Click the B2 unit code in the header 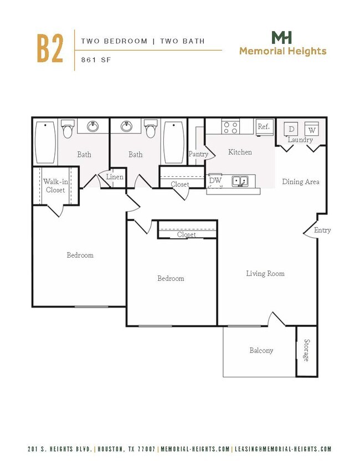(x=50, y=49)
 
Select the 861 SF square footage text (x=96, y=60)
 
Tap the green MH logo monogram (x=282, y=38)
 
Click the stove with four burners (x=230, y=127)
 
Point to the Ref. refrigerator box (x=264, y=127)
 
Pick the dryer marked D (x=291, y=130)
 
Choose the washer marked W (x=311, y=130)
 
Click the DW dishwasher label (x=215, y=181)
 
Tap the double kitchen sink (x=240, y=181)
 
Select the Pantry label (x=198, y=154)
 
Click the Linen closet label (x=115, y=177)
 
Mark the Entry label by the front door (x=322, y=230)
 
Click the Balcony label (x=261, y=350)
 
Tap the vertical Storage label (x=306, y=350)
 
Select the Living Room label (x=265, y=273)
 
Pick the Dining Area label (x=300, y=182)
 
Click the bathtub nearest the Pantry (x=173, y=142)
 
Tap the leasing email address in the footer (x=282, y=449)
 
